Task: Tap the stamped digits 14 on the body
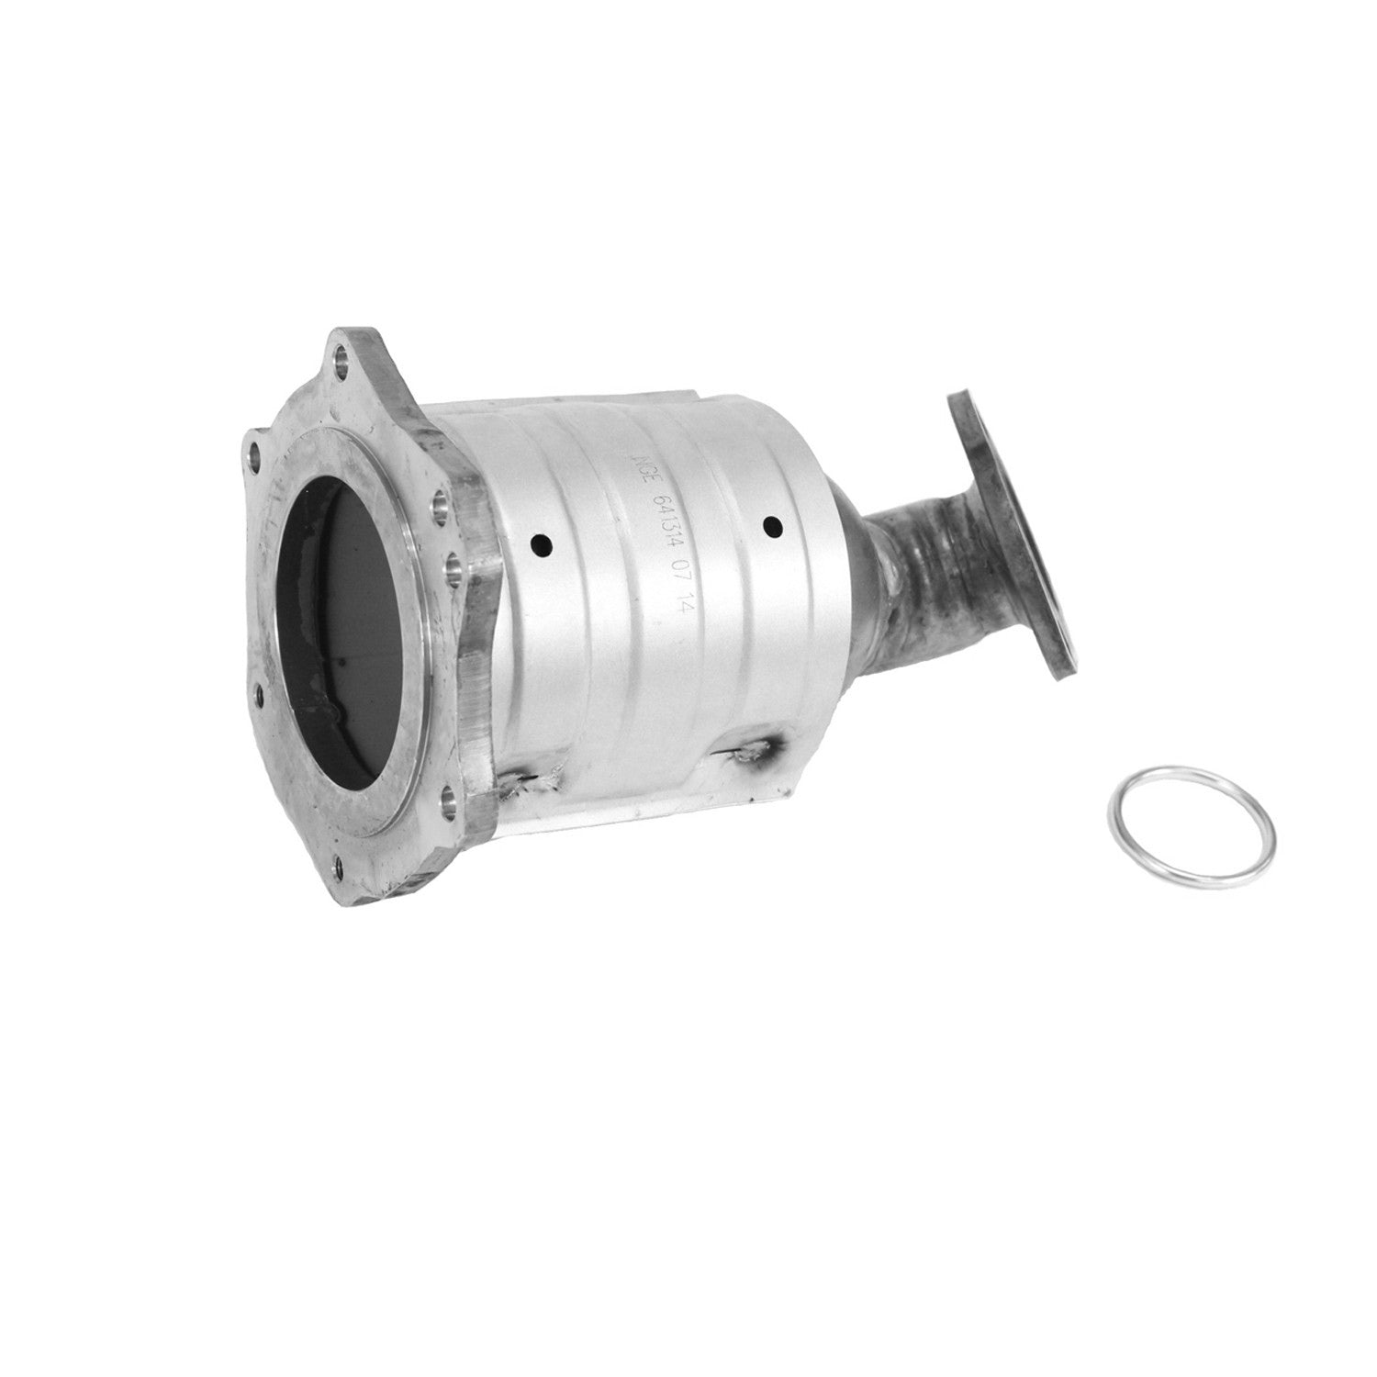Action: point(680,610)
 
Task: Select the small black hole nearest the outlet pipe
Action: point(772,526)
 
